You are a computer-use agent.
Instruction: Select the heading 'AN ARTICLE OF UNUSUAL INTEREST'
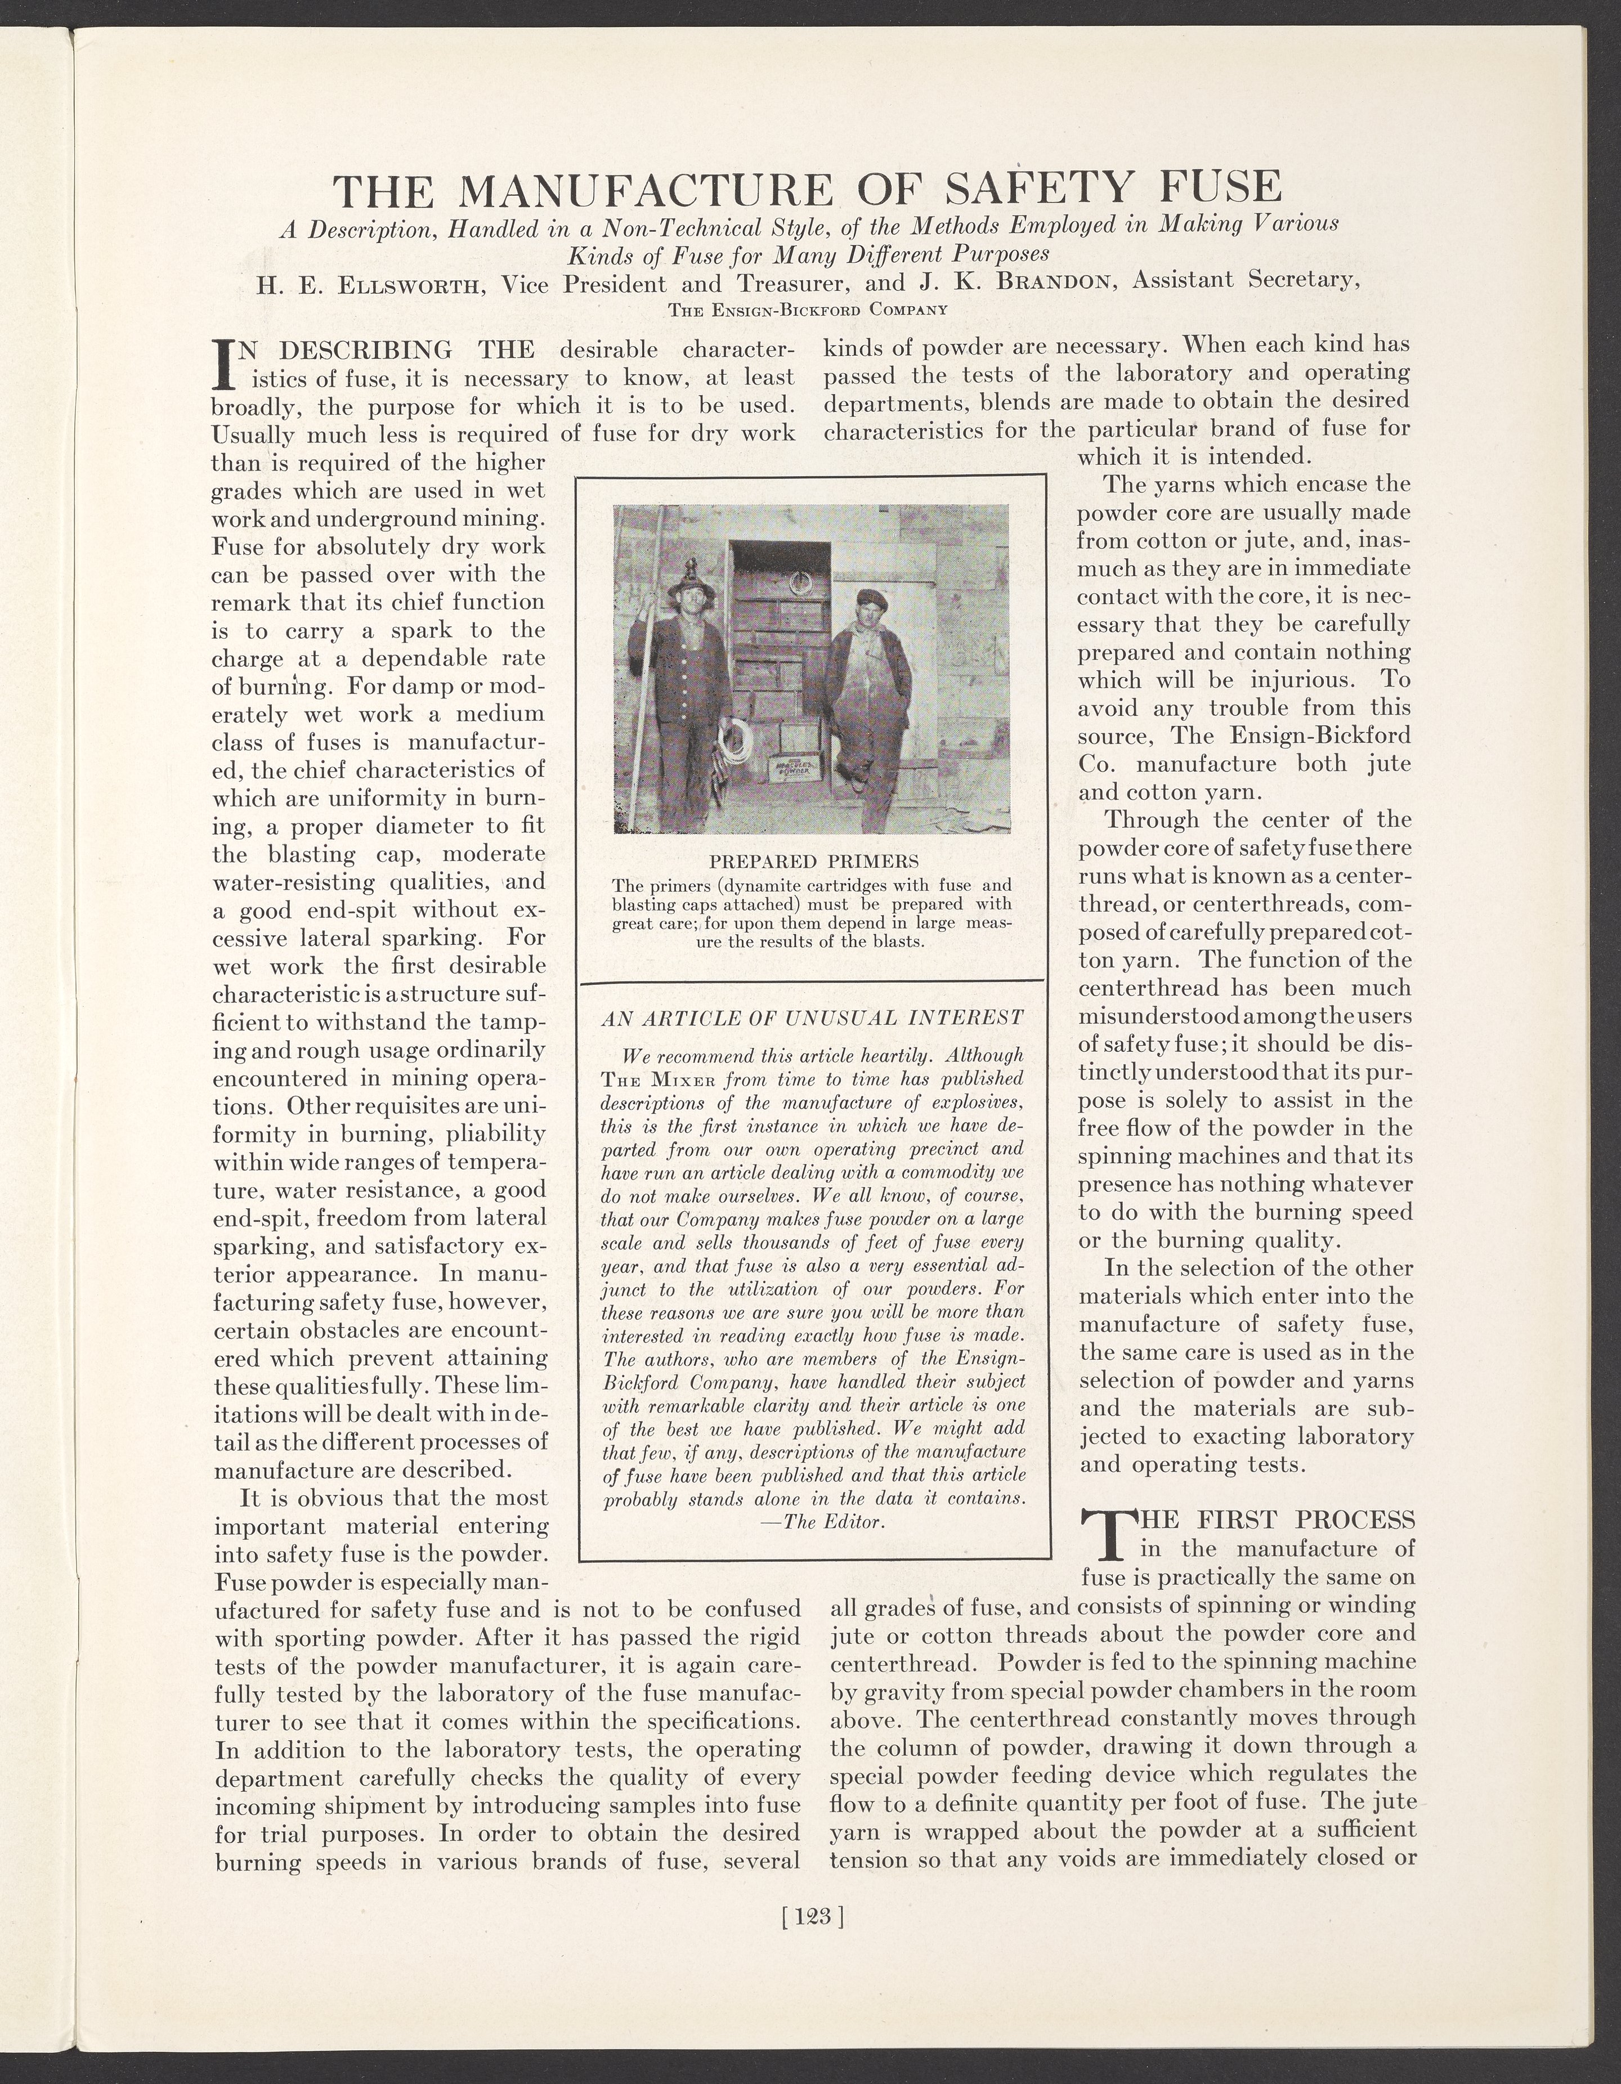point(813,1017)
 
